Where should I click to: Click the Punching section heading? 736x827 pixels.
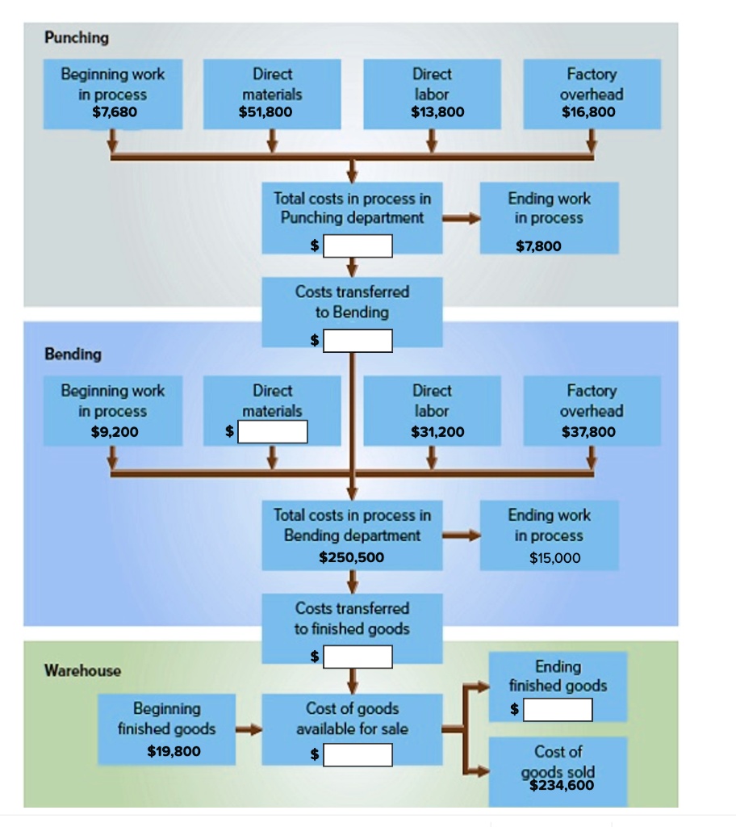(77, 37)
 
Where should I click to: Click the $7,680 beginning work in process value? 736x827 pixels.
(115, 111)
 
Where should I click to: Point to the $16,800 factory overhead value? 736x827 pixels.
(588, 111)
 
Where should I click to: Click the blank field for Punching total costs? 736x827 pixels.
(358, 245)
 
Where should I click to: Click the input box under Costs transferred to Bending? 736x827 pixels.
(358, 342)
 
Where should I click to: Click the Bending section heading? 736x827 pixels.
(73, 354)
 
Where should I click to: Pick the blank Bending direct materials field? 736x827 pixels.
(272, 433)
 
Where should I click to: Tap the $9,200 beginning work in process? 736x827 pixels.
(115, 432)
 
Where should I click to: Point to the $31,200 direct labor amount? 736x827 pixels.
(437, 432)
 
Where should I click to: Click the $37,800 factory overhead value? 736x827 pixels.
(588, 432)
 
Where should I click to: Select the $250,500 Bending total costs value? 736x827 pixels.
(352, 557)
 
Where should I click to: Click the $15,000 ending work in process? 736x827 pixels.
(554, 557)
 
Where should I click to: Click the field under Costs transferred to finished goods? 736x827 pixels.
(358, 657)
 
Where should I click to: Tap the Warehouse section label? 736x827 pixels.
(82, 670)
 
